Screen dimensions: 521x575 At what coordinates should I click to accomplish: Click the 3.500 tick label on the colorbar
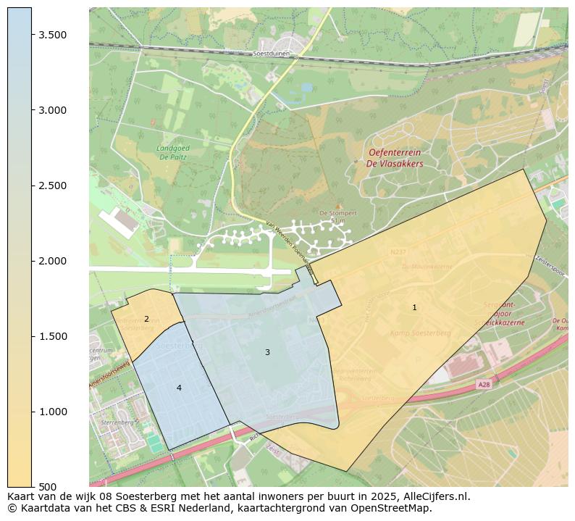(53, 35)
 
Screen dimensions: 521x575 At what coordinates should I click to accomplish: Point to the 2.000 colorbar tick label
(53, 261)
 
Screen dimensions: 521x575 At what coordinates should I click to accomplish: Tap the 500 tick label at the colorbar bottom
(48, 486)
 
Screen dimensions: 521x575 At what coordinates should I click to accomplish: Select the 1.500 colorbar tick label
(53, 336)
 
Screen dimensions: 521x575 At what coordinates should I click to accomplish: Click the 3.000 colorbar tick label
(53, 110)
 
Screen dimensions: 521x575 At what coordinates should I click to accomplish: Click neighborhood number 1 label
(414, 307)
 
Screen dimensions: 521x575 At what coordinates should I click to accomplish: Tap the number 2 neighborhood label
(146, 319)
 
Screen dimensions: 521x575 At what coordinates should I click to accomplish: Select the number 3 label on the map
(267, 352)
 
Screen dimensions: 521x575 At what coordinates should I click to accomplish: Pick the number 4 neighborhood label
(179, 388)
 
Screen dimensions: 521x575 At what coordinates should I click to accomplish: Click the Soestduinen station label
(272, 54)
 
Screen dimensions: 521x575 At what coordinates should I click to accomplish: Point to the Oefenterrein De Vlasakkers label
(395, 158)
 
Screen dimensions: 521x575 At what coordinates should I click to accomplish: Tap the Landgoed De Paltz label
(172, 152)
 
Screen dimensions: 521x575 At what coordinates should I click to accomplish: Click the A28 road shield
(484, 385)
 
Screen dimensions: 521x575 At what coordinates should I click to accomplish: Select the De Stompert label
(336, 212)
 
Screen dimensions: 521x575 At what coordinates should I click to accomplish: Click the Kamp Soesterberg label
(420, 333)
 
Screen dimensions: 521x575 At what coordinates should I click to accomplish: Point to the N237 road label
(398, 252)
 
